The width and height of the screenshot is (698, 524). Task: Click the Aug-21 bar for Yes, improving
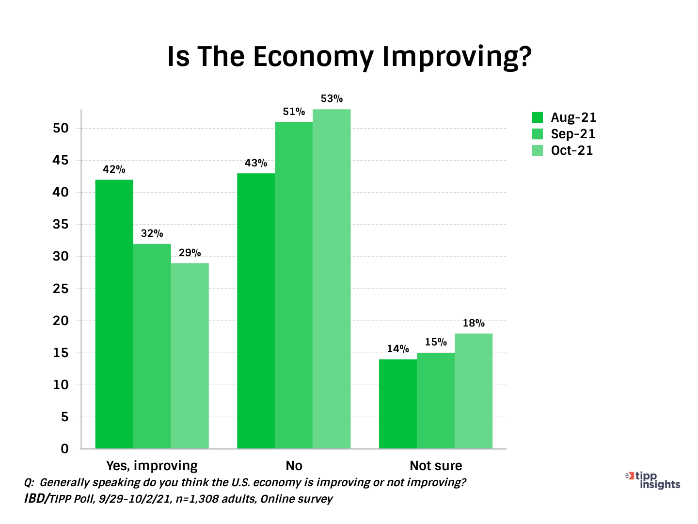pyautogui.click(x=114, y=314)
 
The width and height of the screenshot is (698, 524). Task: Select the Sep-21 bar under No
pyautogui.click(x=294, y=285)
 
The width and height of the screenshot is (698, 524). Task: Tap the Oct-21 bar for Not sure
pyautogui.click(x=474, y=391)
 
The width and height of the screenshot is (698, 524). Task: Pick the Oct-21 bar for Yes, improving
pyautogui.click(x=190, y=356)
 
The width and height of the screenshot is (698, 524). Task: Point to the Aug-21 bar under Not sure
pyautogui.click(x=397, y=404)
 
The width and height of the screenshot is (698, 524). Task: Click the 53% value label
pyautogui.click(x=332, y=99)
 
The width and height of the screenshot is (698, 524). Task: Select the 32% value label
pyautogui.click(x=152, y=233)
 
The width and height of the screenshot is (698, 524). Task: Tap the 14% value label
pyautogui.click(x=397, y=349)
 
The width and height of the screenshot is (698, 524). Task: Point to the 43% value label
pyautogui.click(x=255, y=163)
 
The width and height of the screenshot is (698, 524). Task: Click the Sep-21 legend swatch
pyautogui.click(x=538, y=134)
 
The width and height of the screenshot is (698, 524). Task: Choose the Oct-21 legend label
pyautogui.click(x=572, y=150)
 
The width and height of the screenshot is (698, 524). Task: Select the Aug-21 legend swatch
pyautogui.click(x=538, y=117)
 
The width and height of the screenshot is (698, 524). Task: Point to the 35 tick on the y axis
pyautogui.click(x=61, y=225)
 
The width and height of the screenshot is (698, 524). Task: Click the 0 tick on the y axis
pyautogui.click(x=64, y=449)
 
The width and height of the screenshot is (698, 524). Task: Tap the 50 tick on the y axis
pyautogui.click(x=61, y=129)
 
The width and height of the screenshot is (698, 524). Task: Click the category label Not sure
pyautogui.click(x=436, y=466)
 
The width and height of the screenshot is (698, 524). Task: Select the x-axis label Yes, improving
pyautogui.click(x=152, y=466)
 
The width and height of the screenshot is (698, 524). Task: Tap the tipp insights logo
pyautogui.click(x=654, y=480)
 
